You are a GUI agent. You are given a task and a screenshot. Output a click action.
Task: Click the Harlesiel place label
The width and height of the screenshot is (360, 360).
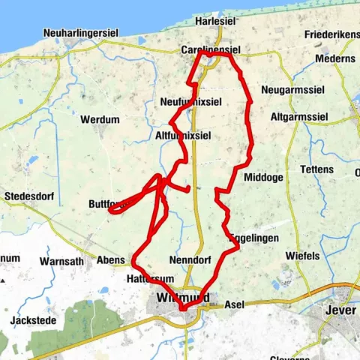pos(216,22)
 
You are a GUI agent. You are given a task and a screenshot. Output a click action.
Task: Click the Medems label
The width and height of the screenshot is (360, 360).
pos(334,58)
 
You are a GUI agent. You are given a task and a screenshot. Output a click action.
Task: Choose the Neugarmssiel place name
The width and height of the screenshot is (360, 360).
pos(289,90)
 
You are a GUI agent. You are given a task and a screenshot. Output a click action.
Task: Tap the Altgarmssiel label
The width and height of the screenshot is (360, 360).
pos(298,118)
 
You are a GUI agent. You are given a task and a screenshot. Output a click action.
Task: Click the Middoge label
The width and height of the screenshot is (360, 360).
pos(263,178)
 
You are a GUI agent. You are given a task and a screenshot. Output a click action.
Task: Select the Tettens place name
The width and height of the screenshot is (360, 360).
pos(316,169)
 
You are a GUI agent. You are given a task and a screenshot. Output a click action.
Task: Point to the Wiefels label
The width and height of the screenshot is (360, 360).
pos(302,256)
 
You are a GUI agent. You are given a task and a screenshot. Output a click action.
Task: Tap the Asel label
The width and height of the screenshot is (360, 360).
pos(235,306)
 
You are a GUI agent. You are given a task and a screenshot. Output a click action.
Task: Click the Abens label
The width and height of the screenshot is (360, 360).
pos(112,259)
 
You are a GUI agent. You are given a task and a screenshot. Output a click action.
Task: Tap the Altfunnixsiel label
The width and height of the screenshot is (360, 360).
pos(182,136)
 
